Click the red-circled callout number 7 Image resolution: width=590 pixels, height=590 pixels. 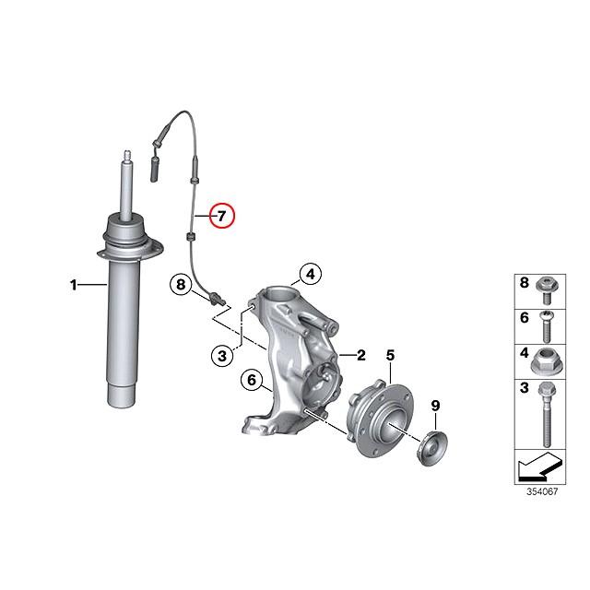(x=222, y=217)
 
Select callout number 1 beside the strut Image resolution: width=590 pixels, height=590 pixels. (x=75, y=286)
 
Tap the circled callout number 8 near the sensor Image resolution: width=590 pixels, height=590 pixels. (x=182, y=285)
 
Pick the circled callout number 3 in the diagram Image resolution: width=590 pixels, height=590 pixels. (x=220, y=355)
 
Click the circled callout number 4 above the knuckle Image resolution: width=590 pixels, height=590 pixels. (x=311, y=274)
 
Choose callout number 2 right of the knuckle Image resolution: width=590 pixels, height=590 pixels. (x=361, y=354)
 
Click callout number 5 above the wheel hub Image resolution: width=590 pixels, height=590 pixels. (x=389, y=355)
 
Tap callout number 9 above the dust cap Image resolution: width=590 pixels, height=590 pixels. (x=436, y=405)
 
